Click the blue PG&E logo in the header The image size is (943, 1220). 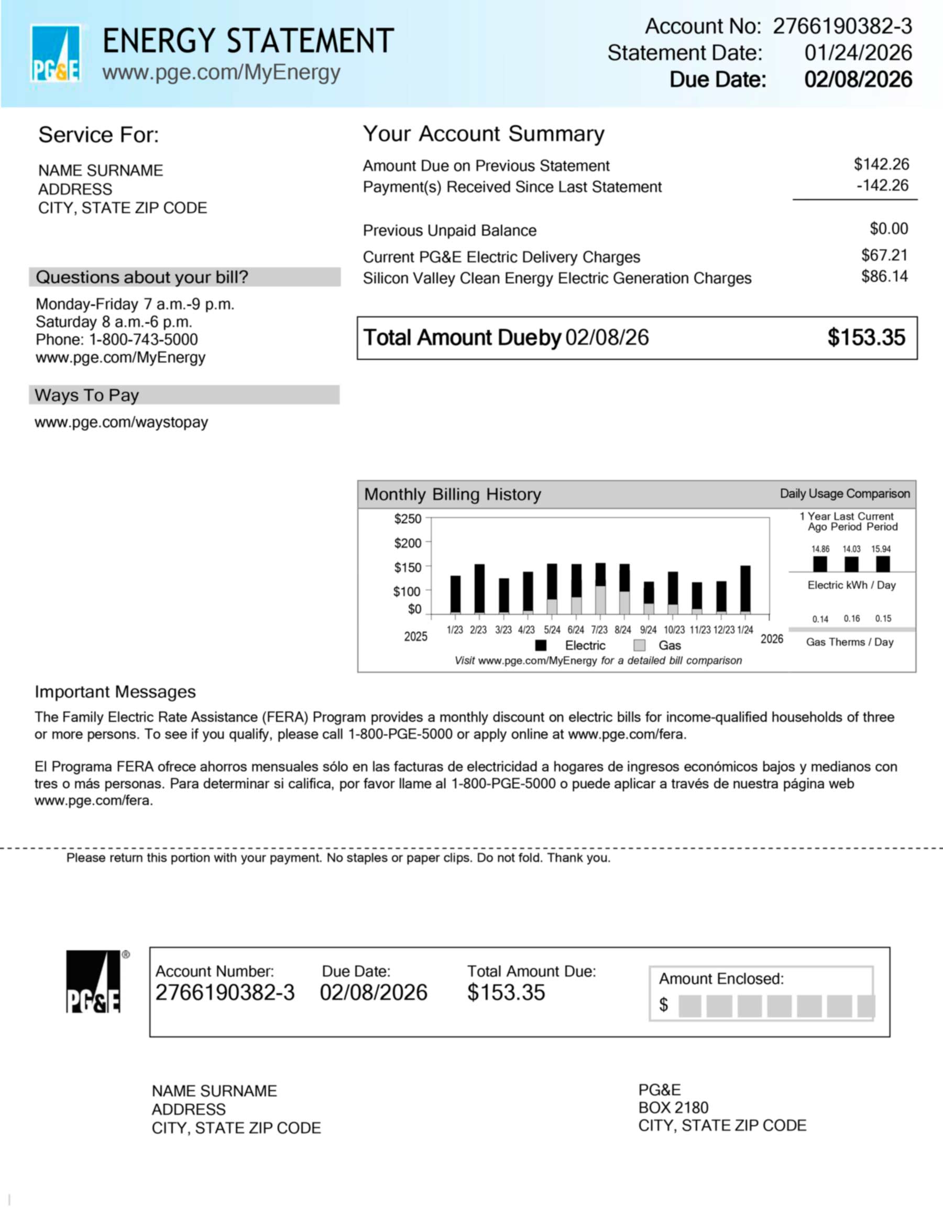click(x=55, y=54)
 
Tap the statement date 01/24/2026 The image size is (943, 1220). click(x=858, y=53)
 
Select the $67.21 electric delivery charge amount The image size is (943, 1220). click(x=884, y=255)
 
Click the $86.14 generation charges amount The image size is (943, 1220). click(x=884, y=277)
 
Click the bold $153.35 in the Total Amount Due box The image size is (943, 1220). click(x=866, y=337)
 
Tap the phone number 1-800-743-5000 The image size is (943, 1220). click(x=144, y=339)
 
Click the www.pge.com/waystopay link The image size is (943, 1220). click(x=121, y=422)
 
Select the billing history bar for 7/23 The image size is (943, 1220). click(x=600, y=588)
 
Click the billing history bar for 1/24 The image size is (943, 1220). click(x=745, y=589)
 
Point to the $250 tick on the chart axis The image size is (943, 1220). click(x=408, y=519)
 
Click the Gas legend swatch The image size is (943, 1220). click(x=640, y=645)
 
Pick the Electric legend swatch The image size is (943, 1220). click(x=541, y=645)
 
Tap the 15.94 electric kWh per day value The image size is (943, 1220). click(x=881, y=549)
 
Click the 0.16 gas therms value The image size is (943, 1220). click(x=852, y=618)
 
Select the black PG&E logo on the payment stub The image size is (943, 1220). click(x=93, y=982)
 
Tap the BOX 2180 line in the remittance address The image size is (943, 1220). click(x=673, y=1108)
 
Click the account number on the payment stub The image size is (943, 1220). click(x=225, y=993)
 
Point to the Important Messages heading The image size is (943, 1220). click(x=115, y=692)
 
